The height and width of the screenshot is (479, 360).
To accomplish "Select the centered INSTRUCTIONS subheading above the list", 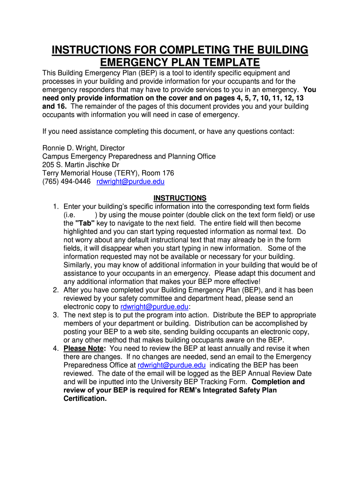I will click(x=180, y=198).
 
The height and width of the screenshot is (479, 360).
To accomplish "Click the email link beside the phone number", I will click(x=130, y=181).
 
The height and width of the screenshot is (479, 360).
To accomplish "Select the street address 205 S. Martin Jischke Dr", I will click(x=81, y=165).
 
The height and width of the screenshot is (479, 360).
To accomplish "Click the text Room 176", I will click(x=158, y=173).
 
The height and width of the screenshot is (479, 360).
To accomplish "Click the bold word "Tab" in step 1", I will click(x=85, y=223).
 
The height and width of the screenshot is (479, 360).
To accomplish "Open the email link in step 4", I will click(x=172, y=365).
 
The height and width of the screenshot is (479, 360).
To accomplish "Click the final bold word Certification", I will click(x=85, y=399).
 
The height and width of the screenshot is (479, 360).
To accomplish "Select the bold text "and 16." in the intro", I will click(x=55, y=107).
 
